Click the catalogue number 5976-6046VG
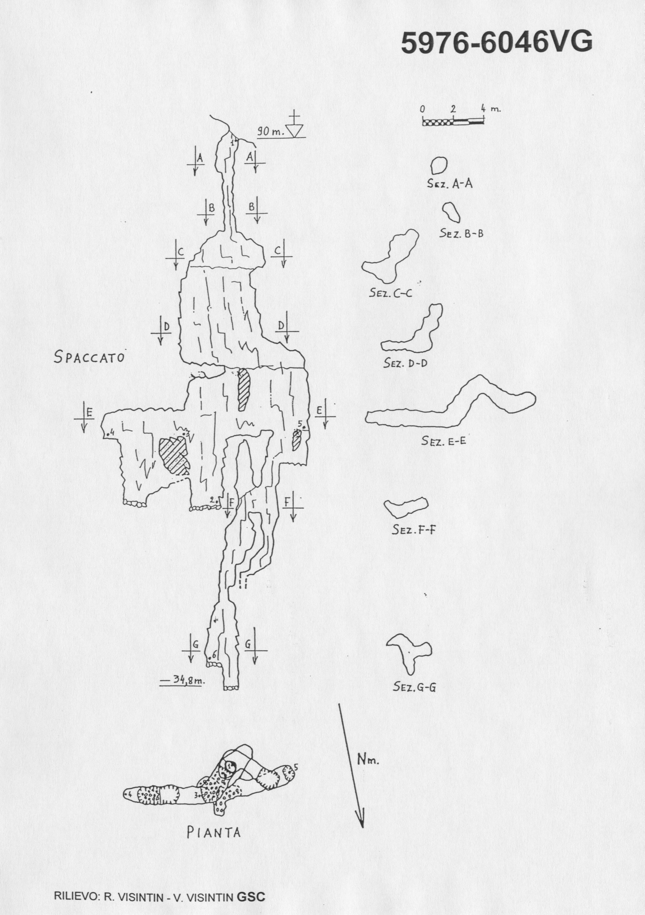[x=496, y=43]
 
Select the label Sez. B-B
[x=461, y=233]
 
